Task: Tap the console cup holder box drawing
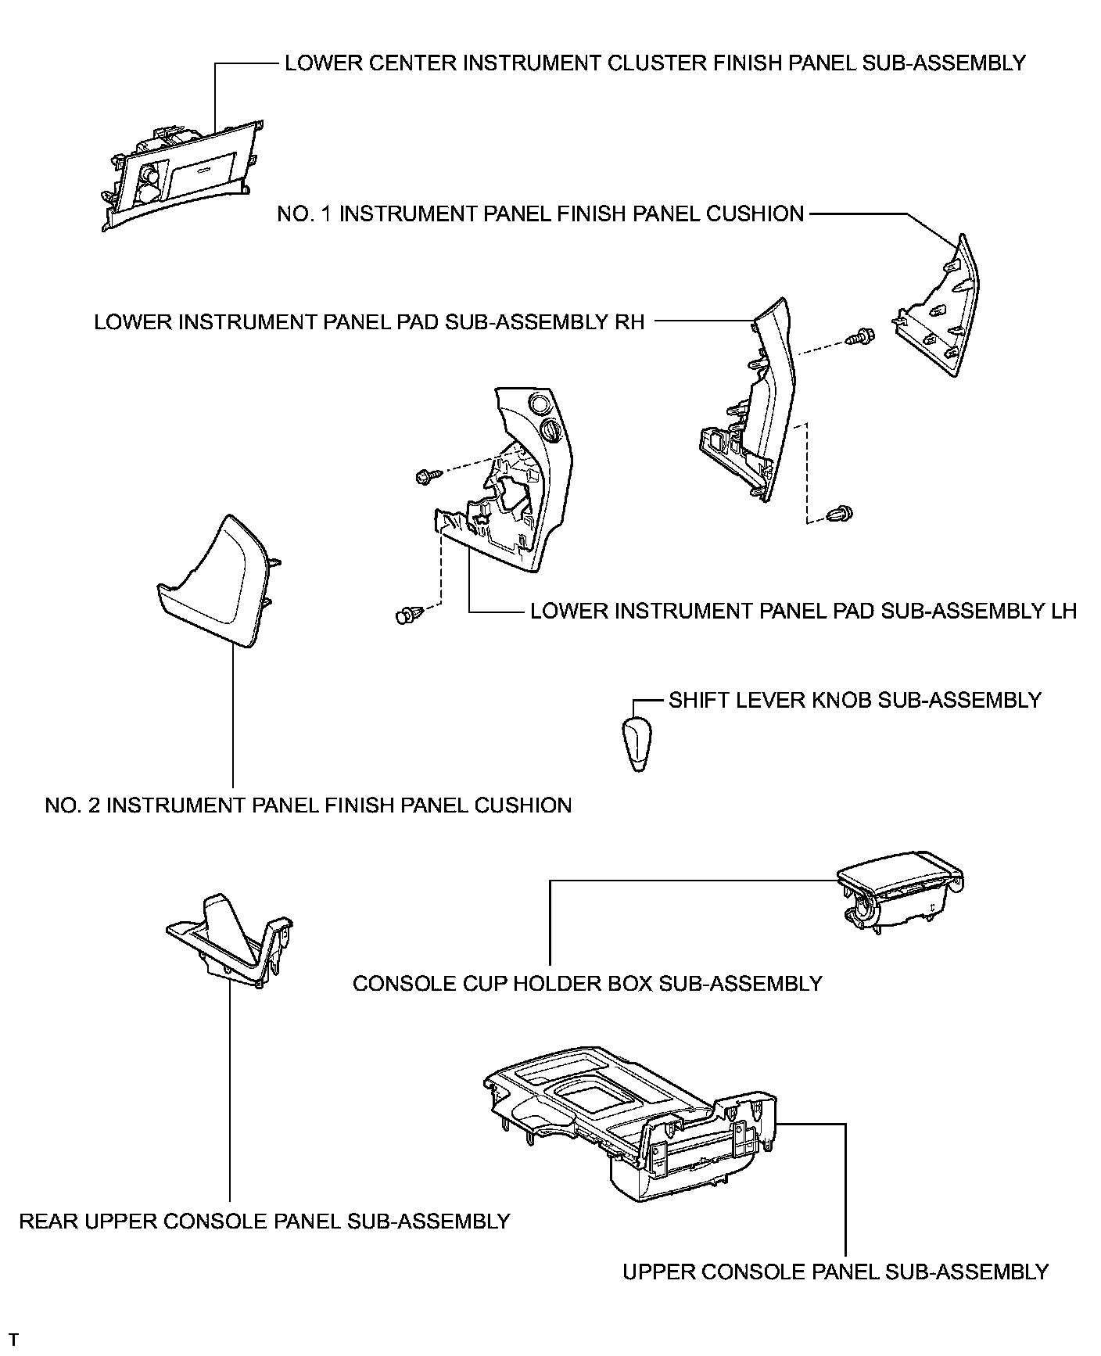(x=900, y=891)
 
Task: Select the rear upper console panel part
(x=230, y=943)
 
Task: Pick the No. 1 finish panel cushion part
(x=937, y=309)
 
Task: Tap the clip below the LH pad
(x=409, y=613)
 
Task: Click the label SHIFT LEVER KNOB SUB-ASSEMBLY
(x=855, y=700)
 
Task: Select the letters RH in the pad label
(x=629, y=322)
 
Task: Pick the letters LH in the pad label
(x=1062, y=611)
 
